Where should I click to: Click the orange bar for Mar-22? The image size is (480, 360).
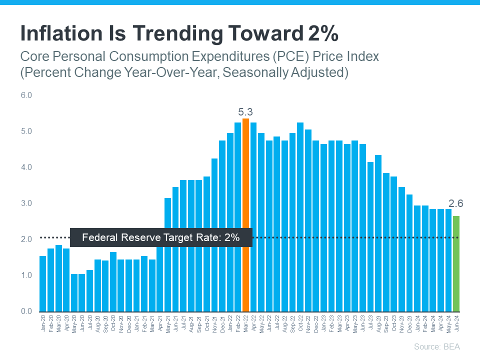coord(245,215)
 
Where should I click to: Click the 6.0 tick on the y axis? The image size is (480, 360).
coord(26,95)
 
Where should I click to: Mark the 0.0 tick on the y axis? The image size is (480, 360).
coord(26,311)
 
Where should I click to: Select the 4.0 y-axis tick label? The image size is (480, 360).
coord(26,167)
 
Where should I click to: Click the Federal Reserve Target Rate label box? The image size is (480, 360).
coord(161,238)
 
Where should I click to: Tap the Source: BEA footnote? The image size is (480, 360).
coord(436,346)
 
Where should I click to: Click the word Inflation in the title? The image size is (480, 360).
coord(63,33)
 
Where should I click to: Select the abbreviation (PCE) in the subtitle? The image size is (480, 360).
coord(264,56)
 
